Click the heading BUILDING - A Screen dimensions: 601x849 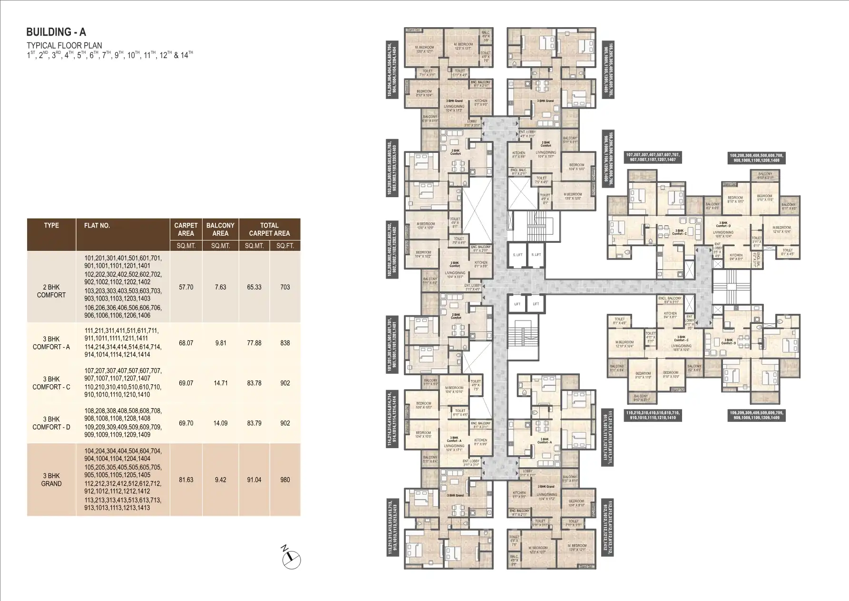coord(56,32)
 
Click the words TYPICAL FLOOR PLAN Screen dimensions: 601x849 coord(64,46)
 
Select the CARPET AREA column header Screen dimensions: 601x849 coord(185,229)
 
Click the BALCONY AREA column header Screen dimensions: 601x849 coord(220,229)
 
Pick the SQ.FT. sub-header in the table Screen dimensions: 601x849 coord(284,246)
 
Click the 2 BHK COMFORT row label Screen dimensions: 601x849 coord(51,291)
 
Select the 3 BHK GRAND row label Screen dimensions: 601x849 coord(51,480)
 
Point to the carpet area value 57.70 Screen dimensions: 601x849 coord(185,287)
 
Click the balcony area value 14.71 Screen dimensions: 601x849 coord(220,383)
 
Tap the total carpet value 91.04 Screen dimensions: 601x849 coord(254,480)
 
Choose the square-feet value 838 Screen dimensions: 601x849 coord(285,343)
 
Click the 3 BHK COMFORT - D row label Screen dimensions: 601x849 coord(51,423)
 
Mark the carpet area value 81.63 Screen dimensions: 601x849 coord(185,480)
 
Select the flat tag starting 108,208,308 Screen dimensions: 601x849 coord(757,158)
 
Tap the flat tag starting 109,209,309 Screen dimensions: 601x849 coord(757,415)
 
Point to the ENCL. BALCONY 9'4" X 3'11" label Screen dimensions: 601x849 coord(670,300)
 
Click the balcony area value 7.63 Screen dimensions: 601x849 coord(220,287)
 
